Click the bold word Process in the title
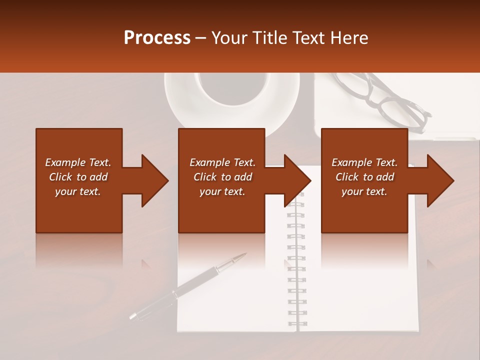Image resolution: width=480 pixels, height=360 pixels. [157, 38]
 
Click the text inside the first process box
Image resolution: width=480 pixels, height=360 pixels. [78, 177]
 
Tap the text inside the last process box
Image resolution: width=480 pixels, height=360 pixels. [364, 177]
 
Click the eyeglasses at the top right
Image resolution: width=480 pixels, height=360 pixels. [395, 102]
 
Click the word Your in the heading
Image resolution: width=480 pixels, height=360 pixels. [229, 38]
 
